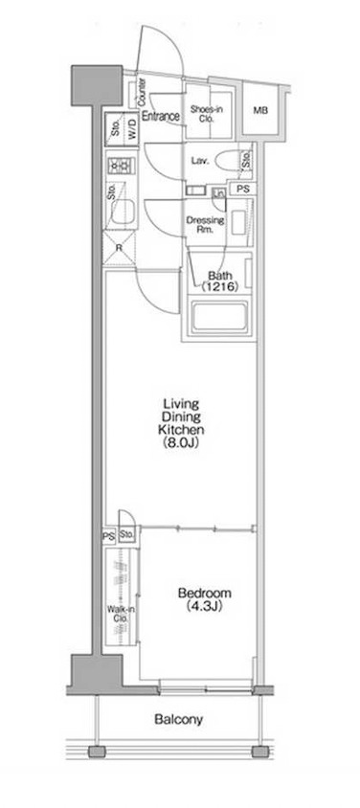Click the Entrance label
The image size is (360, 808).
coord(162,116)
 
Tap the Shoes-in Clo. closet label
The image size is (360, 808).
coord(205,115)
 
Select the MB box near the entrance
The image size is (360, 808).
coord(259,110)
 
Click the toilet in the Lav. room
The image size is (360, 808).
coord(230,161)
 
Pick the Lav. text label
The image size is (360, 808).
coord(201,161)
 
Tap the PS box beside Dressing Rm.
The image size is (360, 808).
coord(243,189)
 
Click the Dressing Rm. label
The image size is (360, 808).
coord(205,226)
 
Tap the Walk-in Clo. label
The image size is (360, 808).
coord(121,614)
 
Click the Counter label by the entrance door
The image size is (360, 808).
coord(142,94)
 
